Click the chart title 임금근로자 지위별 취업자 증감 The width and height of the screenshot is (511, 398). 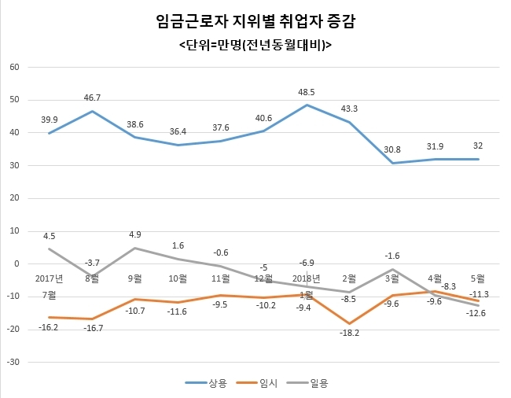coord(256,22)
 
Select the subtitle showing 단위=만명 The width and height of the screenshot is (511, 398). coord(256,45)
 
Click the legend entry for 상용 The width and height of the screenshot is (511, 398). coord(206,383)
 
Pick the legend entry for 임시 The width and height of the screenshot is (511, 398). coord(257,383)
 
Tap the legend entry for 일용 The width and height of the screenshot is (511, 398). coord(307,383)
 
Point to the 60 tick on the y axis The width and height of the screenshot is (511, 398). coord(15,67)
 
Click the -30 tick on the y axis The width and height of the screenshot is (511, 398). coord(13,362)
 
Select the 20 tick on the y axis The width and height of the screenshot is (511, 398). coord(15,198)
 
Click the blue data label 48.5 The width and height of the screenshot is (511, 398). coord(307,92)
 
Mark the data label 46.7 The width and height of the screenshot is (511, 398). coord(92,98)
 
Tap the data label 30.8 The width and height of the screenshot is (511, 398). coord(392,149)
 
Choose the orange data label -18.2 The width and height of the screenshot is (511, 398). coord(349,333)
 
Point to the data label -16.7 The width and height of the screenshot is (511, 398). coord(94,328)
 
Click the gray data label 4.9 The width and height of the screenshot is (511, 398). coord(135,234)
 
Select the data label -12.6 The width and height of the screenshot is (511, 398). coord(476,313)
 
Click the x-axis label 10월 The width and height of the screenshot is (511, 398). coord(178,278)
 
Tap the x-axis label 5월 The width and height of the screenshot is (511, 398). coord(478,278)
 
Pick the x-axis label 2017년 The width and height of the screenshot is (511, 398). coord(50,278)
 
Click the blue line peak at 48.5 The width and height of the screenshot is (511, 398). coord(307,105)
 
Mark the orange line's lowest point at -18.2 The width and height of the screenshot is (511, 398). coord(349,323)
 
